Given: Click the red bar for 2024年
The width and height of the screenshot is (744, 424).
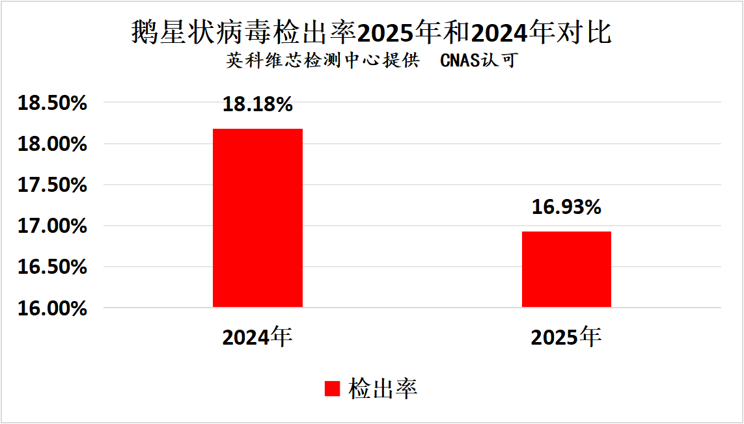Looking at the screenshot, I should tap(258, 218).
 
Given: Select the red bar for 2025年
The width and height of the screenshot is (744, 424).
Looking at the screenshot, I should tap(566, 269).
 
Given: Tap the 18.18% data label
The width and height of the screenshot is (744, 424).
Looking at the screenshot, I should tap(258, 104).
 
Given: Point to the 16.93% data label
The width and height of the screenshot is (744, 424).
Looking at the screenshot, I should tap(566, 207).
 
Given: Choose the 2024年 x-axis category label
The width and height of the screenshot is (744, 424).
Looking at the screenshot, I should tap(257, 337).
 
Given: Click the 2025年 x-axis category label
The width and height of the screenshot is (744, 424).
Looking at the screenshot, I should tap(566, 337).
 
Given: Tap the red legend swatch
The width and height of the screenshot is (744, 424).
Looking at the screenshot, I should tap(332, 388).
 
